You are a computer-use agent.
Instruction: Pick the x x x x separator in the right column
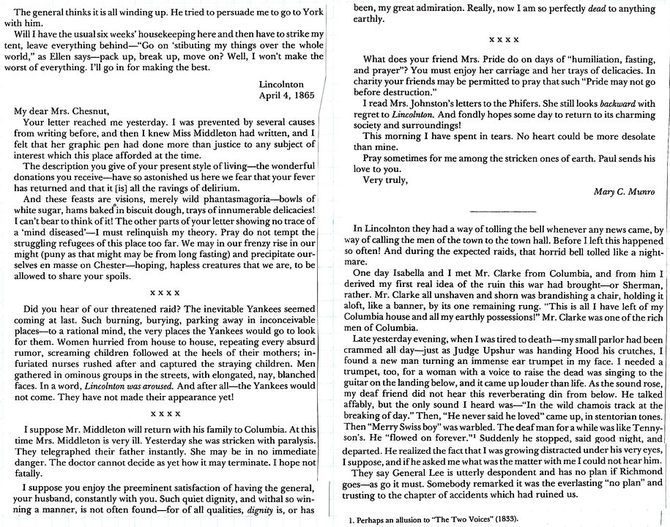499,36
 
